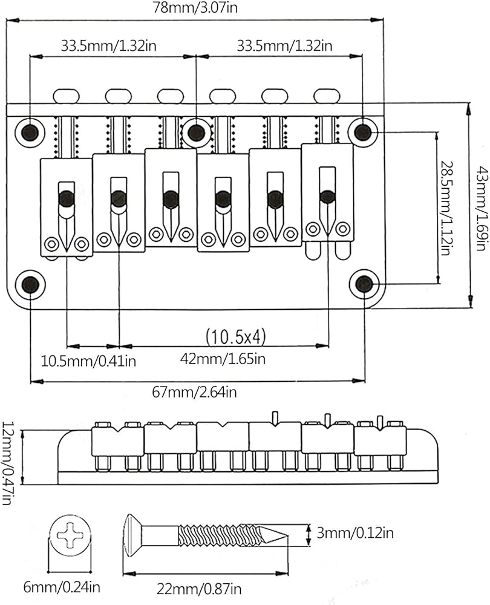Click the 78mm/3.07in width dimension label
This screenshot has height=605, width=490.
(195, 7)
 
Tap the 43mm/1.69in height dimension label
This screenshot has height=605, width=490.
(481, 208)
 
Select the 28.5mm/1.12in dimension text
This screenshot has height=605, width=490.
(446, 208)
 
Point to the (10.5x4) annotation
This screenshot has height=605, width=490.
(236, 337)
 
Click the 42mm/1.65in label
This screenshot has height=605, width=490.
(223, 359)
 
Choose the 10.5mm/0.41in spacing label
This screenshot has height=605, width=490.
(88, 361)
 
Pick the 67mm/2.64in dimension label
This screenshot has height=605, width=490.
(194, 392)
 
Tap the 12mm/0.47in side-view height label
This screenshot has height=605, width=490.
(8, 463)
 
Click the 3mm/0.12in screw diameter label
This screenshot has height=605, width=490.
(355, 533)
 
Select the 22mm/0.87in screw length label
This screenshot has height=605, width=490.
(199, 589)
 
